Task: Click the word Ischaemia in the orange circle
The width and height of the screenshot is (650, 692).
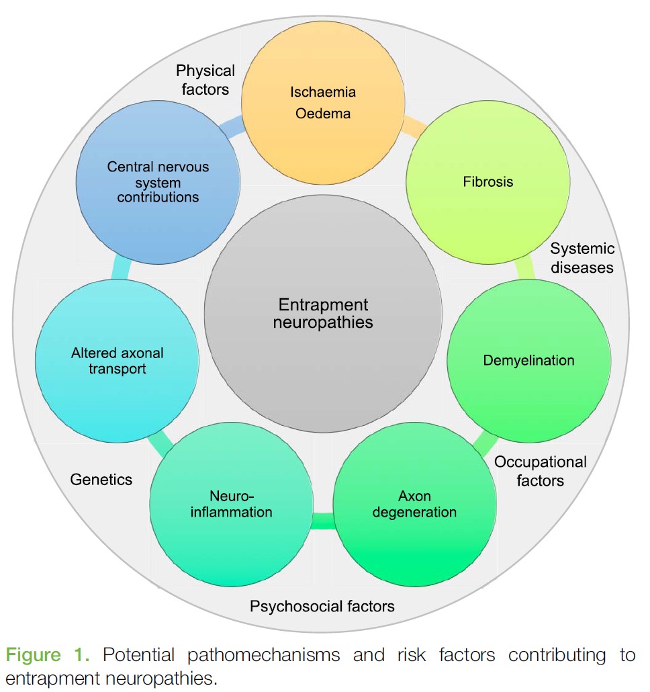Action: [x=323, y=91]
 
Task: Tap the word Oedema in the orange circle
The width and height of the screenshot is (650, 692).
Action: [x=323, y=113]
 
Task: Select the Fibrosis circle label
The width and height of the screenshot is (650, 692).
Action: [x=488, y=181]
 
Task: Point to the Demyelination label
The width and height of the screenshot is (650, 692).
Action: [x=528, y=361]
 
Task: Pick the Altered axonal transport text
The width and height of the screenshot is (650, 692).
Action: [x=118, y=361]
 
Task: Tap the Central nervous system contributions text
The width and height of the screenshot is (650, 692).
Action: [x=158, y=182]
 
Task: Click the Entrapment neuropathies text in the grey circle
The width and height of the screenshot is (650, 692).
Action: [x=324, y=313]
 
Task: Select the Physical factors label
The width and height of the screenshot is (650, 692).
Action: [x=205, y=79]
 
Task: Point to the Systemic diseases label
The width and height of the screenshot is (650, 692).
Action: [x=582, y=258]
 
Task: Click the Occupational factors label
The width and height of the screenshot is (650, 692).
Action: [x=540, y=471]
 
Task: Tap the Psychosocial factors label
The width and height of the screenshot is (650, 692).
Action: [x=322, y=607]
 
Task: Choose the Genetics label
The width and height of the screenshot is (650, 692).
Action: [x=101, y=479]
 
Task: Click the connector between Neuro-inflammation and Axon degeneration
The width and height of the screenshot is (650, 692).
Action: [x=323, y=520]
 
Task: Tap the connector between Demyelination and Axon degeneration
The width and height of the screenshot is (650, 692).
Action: [x=484, y=441]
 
